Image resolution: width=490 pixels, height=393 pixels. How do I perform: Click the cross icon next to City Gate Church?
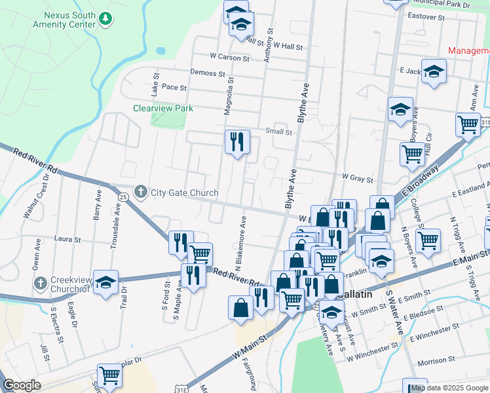(x=140, y=192)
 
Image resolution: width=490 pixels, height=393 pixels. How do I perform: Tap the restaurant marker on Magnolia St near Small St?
(x=237, y=141)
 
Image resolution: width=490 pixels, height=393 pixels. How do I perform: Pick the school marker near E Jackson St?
(x=434, y=71)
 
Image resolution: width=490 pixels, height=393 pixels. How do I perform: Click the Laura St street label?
(x=67, y=240)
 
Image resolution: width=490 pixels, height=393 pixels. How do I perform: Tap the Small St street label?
(x=278, y=132)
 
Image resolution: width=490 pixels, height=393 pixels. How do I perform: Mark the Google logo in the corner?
(x=22, y=385)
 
